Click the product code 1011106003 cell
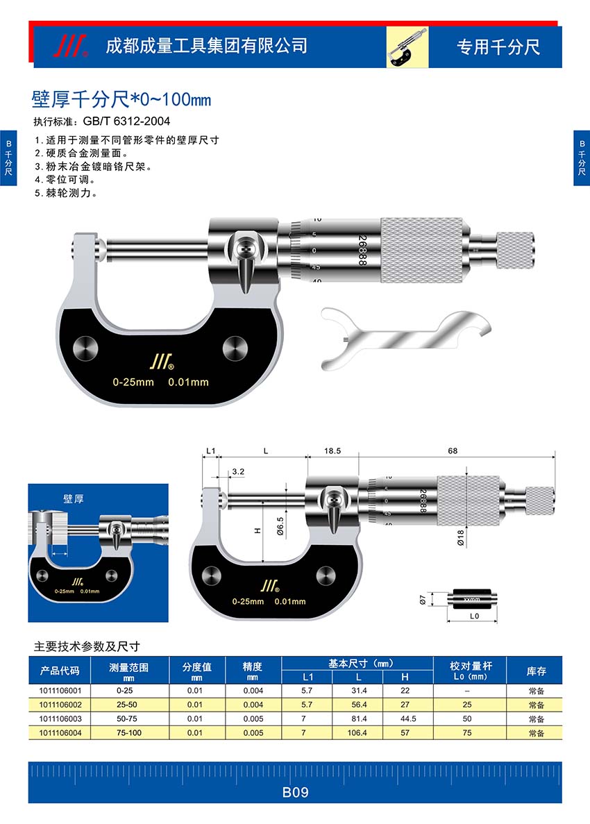(60, 718)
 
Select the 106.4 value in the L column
(357, 732)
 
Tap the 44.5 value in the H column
(408, 718)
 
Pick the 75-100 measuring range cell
(128, 732)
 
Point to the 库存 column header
(536, 671)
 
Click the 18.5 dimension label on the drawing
(332, 451)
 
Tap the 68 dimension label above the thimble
(453, 451)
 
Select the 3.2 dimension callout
(238, 471)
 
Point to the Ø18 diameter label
(461, 538)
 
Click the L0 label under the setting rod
(474, 616)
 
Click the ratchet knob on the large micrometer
(516, 251)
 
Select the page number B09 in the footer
(295, 793)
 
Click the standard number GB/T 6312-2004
(126, 121)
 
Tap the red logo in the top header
(70, 47)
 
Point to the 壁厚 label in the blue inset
(74, 498)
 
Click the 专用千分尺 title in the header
(498, 47)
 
